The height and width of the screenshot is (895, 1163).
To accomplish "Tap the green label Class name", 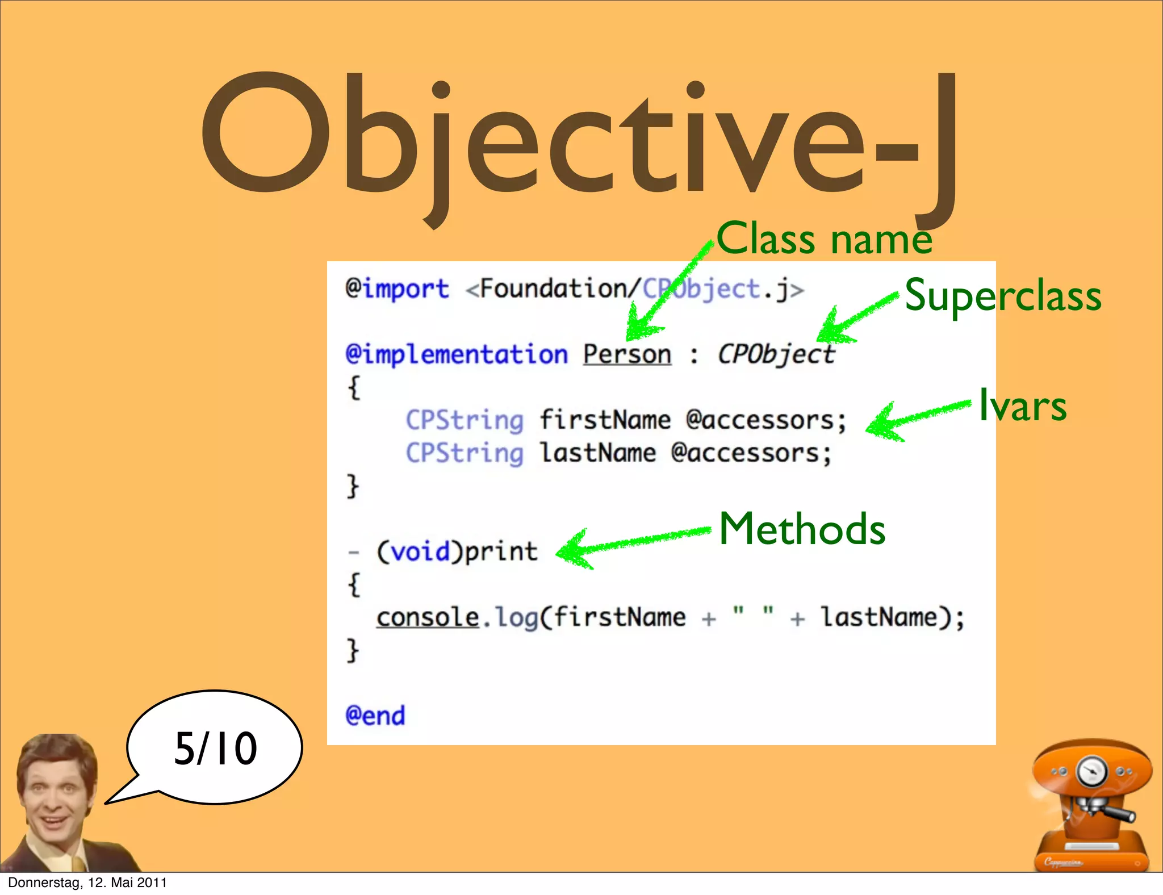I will point(824,239).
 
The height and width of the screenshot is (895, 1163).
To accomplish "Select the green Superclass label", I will point(1003,295).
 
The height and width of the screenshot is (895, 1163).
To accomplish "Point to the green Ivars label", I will point(1023,405).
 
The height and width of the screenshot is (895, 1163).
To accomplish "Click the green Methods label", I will point(802,529).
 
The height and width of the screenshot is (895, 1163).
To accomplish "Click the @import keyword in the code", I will point(398,289).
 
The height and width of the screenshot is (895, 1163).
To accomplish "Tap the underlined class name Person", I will point(627,354).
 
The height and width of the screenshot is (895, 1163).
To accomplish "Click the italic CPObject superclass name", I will point(776,354).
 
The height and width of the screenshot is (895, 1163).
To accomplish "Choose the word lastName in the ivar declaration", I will point(598,453).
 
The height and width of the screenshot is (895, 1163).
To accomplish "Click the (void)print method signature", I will point(457,551).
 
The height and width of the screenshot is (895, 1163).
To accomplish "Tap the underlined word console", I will point(428,617).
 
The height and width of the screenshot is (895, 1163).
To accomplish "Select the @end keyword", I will point(375,716).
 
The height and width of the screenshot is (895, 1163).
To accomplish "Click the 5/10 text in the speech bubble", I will point(216,748).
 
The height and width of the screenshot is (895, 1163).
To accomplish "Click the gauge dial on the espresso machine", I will point(1091,772).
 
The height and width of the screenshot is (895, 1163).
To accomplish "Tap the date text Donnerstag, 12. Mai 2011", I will point(87,883).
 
